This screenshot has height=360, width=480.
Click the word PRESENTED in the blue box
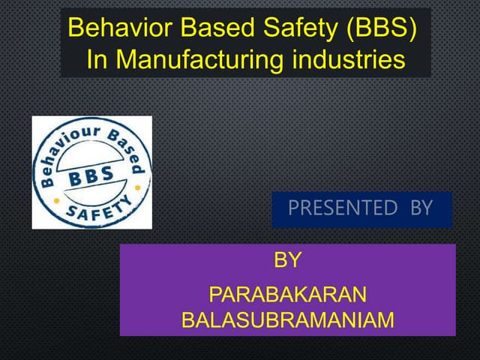click(342, 208)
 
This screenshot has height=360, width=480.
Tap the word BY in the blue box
click(421, 208)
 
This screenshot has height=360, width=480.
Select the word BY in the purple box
click(287, 261)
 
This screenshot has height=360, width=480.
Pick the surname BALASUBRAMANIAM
click(287, 320)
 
